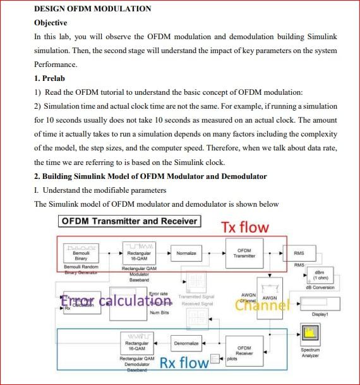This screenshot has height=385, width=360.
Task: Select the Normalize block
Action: (x=186, y=253)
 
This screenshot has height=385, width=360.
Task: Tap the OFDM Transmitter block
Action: (x=244, y=253)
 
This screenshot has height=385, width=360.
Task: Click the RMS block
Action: (x=299, y=253)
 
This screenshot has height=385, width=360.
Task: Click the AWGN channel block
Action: (x=270, y=298)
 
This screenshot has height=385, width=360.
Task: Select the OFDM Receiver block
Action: (x=244, y=350)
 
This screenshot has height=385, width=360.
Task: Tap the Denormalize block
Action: (x=187, y=343)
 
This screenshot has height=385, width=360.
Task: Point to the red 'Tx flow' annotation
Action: (x=244, y=227)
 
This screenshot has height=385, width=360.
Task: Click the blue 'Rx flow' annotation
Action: (x=184, y=363)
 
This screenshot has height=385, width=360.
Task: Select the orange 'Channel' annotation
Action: (x=262, y=305)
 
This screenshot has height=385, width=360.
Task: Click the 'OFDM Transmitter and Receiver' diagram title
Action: (x=129, y=221)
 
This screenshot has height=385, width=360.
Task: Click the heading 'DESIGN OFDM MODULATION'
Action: (x=92, y=9)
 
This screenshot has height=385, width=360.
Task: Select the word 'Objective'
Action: (x=51, y=23)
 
